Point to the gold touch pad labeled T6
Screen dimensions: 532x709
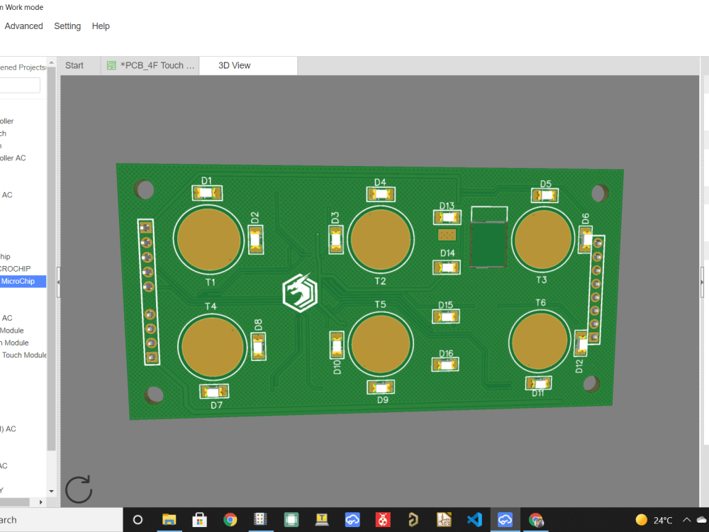(x=540, y=342)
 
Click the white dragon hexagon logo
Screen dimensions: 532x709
(x=300, y=293)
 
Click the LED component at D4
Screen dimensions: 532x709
(x=381, y=194)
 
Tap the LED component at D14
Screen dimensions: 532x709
(x=447, y=267)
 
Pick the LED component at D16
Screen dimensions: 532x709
(x=445, y=365)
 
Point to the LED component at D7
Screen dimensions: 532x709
(x=214, y=391)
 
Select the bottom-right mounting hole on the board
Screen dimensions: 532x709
(x=591, y=384)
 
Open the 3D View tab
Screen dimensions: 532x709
(x=234, y=65)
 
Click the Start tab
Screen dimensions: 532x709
(x=74, y=65)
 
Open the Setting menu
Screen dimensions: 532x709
(x=67, y=26)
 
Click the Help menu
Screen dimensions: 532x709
(x=101, y=26)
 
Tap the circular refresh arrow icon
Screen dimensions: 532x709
(x=79, y=489)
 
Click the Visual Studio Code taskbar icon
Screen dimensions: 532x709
(x=474, y=519)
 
